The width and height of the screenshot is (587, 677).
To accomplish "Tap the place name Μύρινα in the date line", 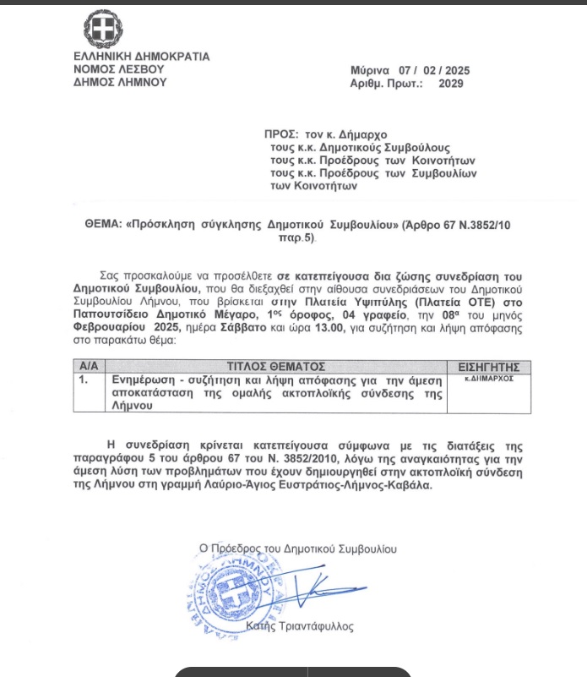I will click(369, 70).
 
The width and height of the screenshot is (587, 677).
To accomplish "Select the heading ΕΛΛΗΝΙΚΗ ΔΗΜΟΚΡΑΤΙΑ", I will click(141, 57).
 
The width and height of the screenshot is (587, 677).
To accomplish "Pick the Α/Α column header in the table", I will click(87, 367).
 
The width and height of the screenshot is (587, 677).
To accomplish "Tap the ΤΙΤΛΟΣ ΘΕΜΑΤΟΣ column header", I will click(276, 367).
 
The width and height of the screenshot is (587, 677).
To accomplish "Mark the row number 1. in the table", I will click(84, 380).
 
